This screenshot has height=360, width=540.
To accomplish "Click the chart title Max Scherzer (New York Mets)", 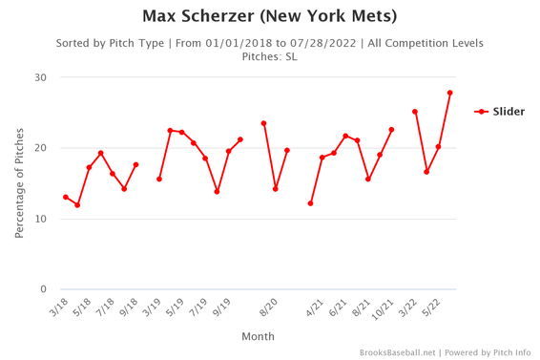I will [x=269, y=16].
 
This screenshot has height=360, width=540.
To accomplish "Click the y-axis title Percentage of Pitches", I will [x=19, y=183].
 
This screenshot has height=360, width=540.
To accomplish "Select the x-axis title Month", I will [x=258, y=336].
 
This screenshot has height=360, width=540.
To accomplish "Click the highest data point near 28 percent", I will [x=449, y=93].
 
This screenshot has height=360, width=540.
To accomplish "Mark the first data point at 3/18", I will [x=66, y=197].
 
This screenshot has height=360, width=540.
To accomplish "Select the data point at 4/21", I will [x=310, y=203].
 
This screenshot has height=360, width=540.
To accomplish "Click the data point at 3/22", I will [x=415, y=112].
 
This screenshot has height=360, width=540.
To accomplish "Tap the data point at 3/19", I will [x=159, y=179].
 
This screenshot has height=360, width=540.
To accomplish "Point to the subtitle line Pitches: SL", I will [x=269, y=56].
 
